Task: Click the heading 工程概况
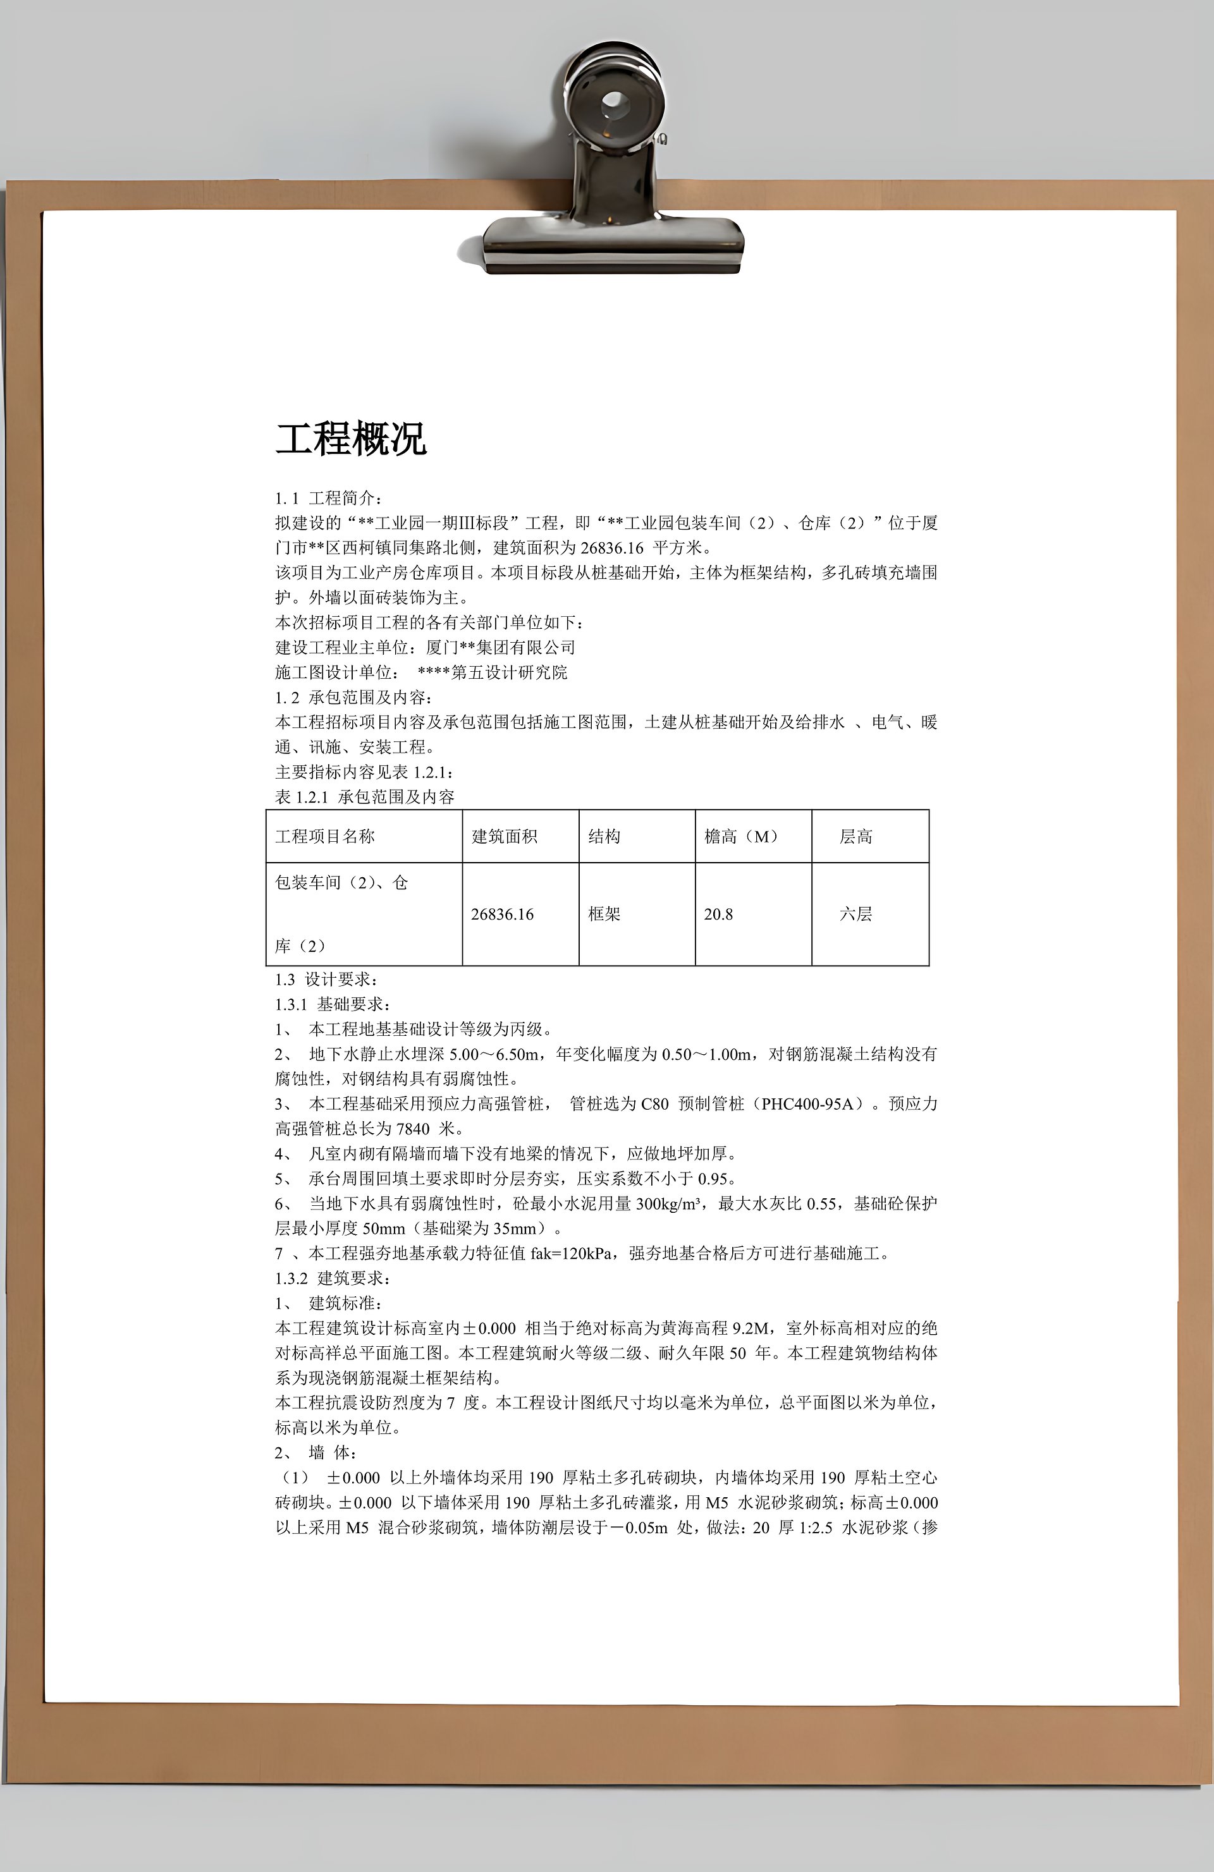(x=350, y=439)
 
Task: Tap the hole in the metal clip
(x=614, y=102)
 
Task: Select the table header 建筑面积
(x=505, y=836)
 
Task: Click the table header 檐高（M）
(x=741, y=836)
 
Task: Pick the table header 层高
(x=855, y=836)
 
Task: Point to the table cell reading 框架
(x=604, y=914)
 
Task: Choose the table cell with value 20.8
(x=718, y=914)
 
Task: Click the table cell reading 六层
(x=855, y=914)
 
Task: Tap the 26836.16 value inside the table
(x=502, y=914)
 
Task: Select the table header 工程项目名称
(x=325, y=836)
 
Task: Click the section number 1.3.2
(x=291, y=1278)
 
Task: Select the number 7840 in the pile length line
(x=413, y=1129)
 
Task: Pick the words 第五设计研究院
(x=509, y=672)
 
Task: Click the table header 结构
(x=604, y=836)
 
